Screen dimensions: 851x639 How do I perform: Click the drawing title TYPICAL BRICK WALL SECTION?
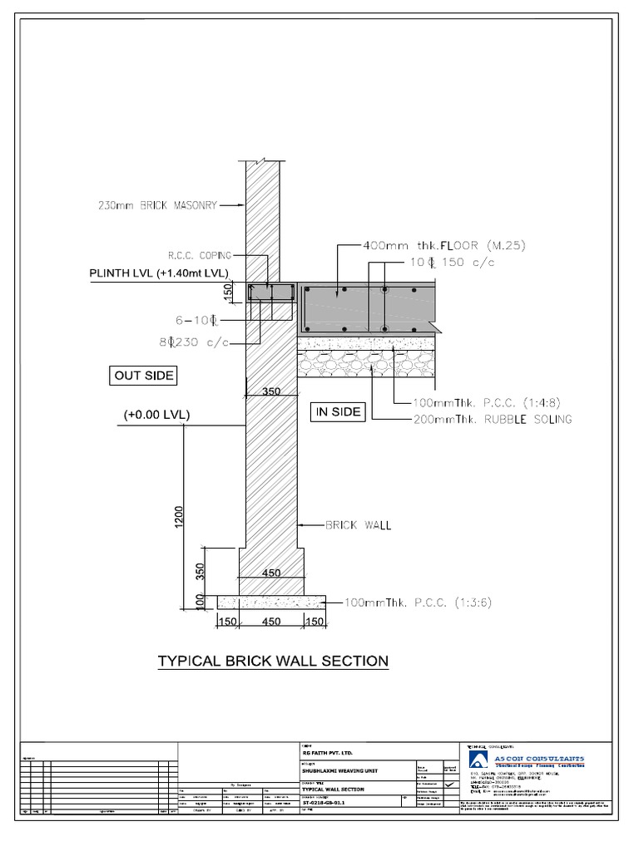(273, 662)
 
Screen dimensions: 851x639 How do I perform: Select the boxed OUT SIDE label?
(144, 376)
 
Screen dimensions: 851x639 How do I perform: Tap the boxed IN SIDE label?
(338, 411)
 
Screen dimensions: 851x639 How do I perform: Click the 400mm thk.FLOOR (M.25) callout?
(444, 246)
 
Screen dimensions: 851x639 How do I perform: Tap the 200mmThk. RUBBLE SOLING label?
(493, 420)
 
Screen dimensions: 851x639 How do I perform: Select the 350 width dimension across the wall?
(271, 391)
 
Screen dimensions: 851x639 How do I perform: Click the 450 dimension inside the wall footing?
(271, 573)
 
